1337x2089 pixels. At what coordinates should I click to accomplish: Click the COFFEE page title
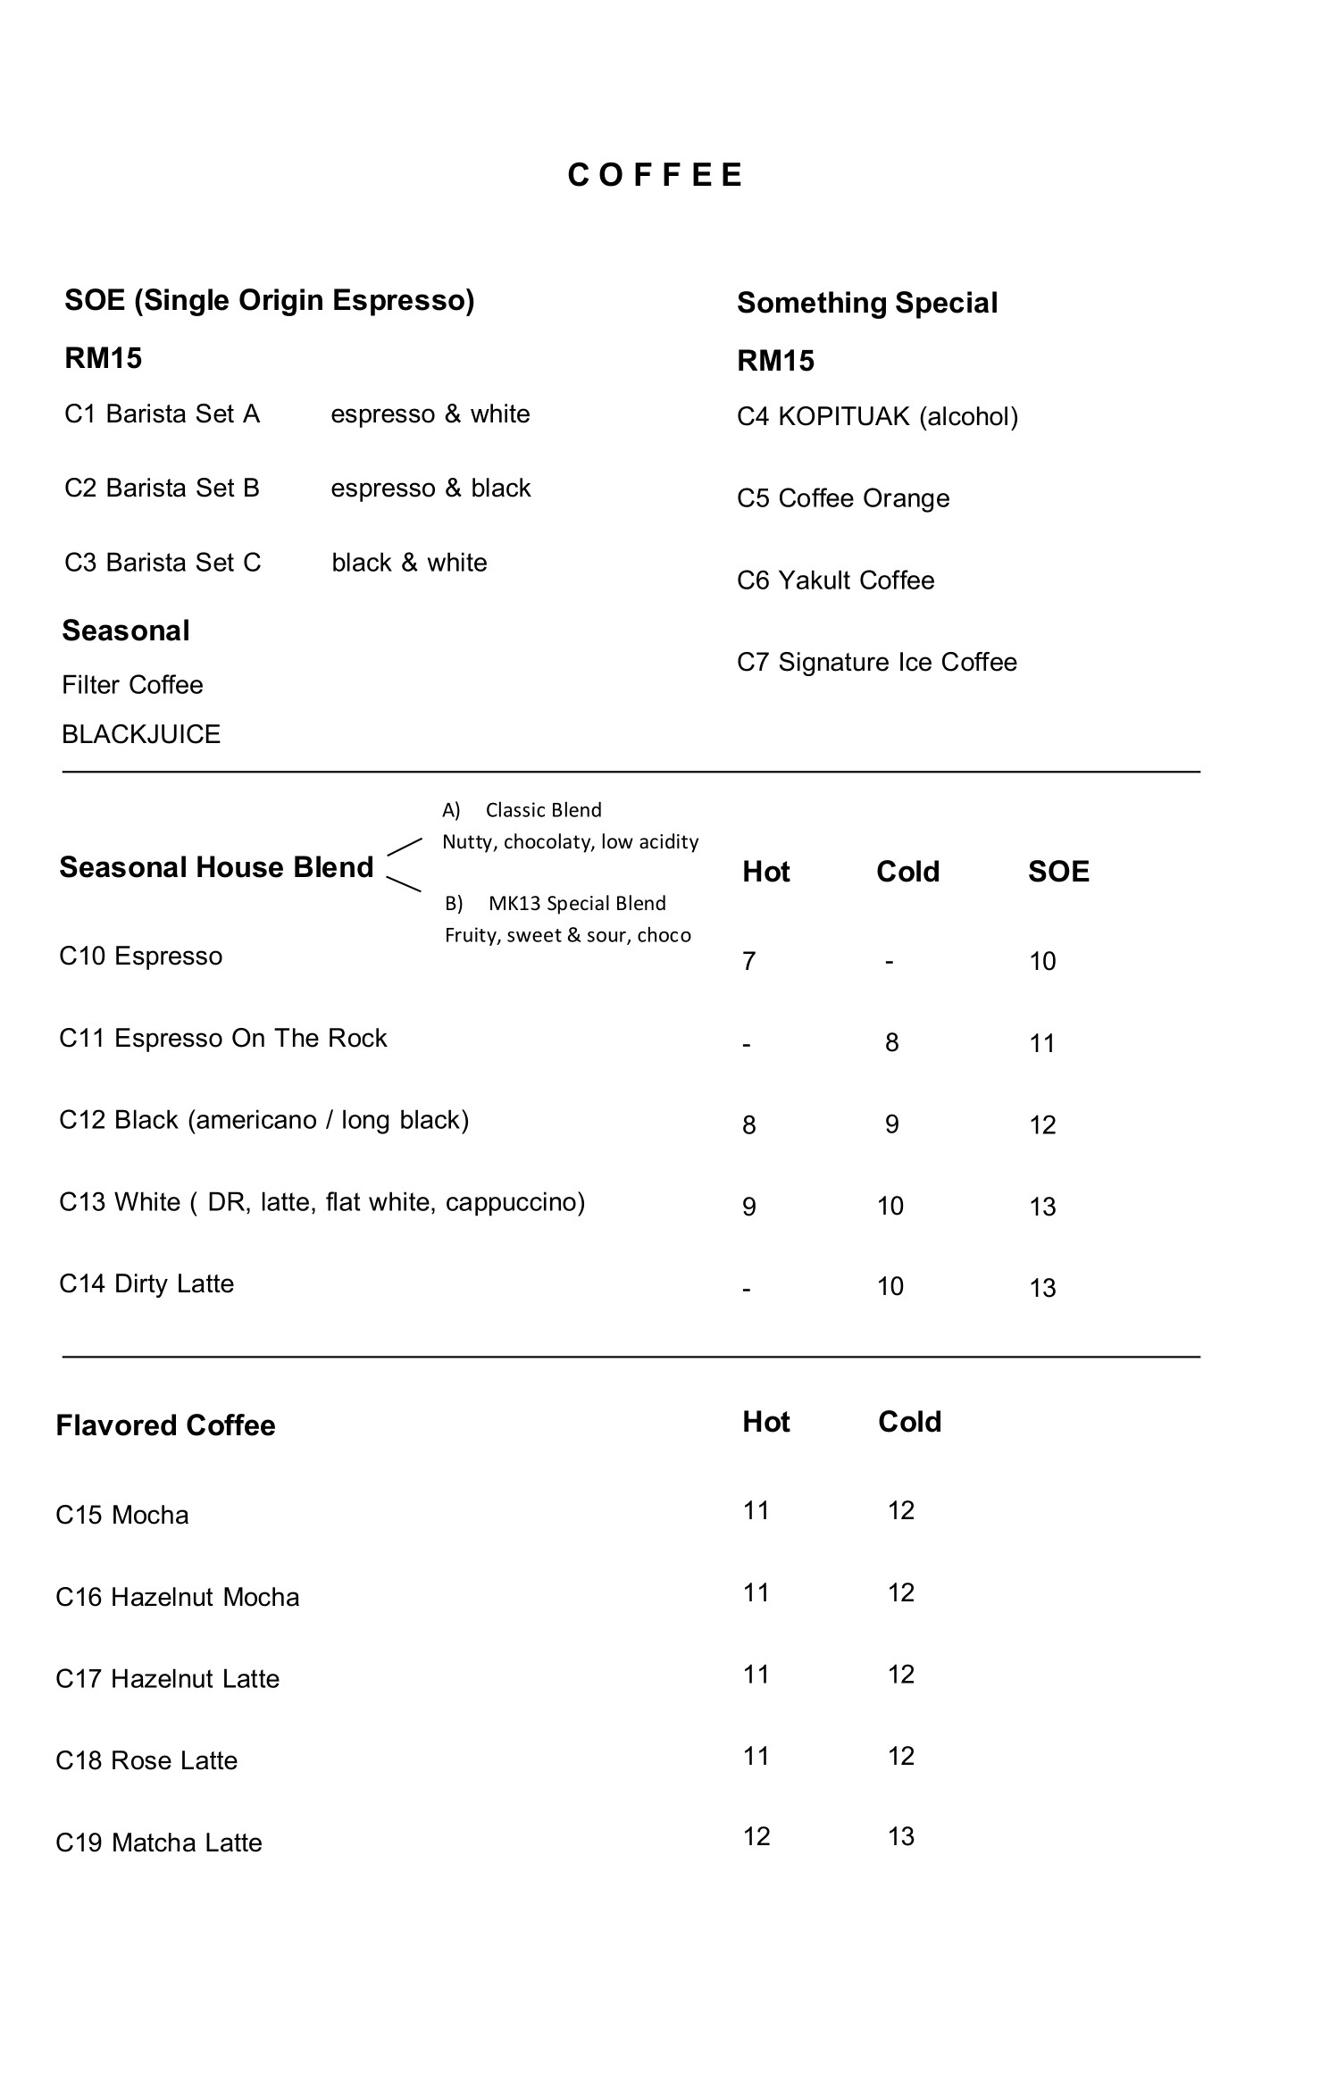[655, 175]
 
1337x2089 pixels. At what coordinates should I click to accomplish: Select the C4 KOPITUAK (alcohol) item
[877, 416]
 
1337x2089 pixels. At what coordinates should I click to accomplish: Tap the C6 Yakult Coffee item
[835, 581]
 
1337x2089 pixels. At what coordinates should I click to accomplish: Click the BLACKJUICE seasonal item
[141, 734]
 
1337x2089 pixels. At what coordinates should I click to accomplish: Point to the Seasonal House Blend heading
[216, 867]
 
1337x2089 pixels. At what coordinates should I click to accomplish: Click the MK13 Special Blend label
[577, 903]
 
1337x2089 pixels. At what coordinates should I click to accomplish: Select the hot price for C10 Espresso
[749, 961]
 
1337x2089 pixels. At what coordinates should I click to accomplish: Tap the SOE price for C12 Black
[1042, 1124]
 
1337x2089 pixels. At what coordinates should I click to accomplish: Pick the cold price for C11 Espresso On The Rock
[891, 1042]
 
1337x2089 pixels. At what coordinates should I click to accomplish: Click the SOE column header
[1058, 872]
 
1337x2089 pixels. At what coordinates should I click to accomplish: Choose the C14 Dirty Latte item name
[146, 1283]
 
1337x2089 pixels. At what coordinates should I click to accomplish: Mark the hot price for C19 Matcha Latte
[756, 1836]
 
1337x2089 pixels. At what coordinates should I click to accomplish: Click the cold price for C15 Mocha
[901, 1510]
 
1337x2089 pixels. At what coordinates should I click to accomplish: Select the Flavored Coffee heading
[165, 1425]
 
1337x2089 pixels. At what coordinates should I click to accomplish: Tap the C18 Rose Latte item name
[146, 1760]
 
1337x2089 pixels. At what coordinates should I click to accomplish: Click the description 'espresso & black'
[430, 489]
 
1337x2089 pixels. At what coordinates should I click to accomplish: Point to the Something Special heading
[866, 303]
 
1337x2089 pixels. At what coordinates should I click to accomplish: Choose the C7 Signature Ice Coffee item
[876, 662]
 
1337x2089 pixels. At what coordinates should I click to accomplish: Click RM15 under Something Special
[775, 361]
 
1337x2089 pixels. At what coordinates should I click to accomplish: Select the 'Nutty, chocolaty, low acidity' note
[570, 841]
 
